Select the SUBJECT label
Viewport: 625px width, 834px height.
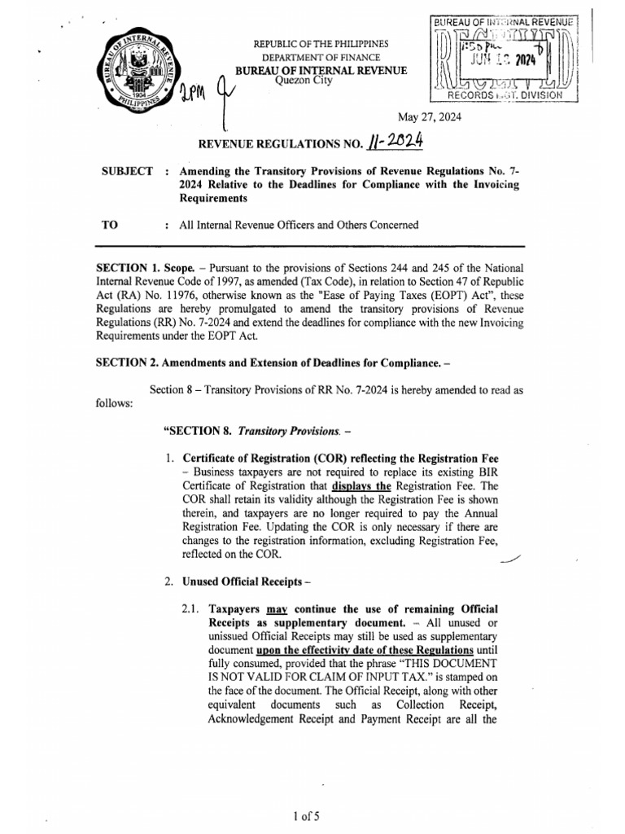[x=126, y=171]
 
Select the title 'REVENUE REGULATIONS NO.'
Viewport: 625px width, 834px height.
[x=273, y=145]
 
